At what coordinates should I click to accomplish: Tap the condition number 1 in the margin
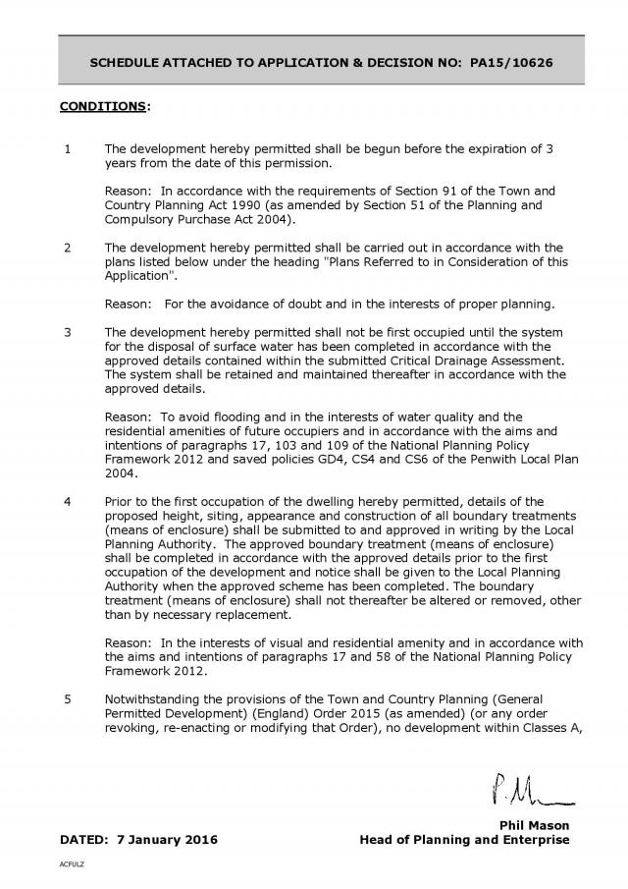click(x=67, y=149)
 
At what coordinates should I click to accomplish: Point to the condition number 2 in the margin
click(x=67, y=247)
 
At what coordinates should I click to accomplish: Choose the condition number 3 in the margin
click(x=67, y=331)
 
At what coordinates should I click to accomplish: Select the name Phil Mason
click(x=535, y=825)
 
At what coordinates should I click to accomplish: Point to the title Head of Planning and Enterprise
click(x=464, y=840)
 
